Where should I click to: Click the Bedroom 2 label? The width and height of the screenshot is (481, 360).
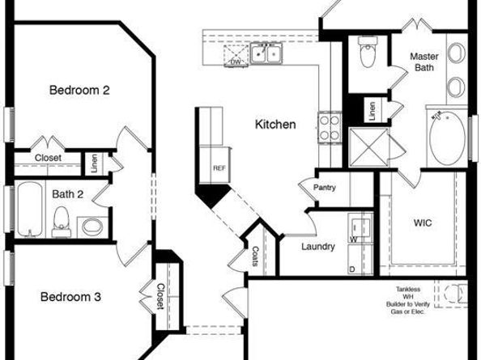(x=79, y=91)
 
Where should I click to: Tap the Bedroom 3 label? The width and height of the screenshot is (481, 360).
(x=70, y=297)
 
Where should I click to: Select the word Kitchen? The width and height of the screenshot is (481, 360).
(x=275, y=125)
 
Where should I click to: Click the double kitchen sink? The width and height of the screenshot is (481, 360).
(x=266, y=53)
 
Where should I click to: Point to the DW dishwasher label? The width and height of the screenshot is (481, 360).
(x=236, y=62)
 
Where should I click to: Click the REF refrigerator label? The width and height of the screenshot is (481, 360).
(x=219, y=168)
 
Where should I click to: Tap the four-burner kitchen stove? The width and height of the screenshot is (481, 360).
(x=330, y=128)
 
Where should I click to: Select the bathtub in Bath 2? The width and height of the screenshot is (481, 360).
(x=30, y=210)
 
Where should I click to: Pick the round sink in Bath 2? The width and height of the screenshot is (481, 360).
(x=92, y=227)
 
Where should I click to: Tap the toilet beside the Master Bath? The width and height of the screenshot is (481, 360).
(x=368, y=53)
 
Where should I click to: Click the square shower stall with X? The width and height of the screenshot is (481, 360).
(x=369, y=148)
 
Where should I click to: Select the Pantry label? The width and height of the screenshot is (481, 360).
(x=325, y=188)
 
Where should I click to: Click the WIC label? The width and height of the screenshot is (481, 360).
(x=423, y=222)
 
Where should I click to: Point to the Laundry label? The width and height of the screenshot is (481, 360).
(x=318, y=247)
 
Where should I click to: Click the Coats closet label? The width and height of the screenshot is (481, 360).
(x=255, y=256)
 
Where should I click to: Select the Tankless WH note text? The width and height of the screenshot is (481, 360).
(x=408, y=300)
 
